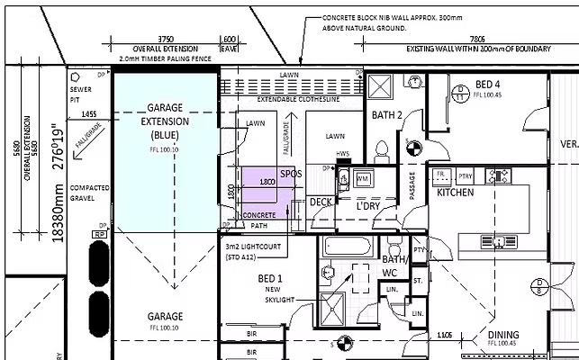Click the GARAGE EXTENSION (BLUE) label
[x=165, y=120]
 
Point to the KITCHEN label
[x=456, y=193]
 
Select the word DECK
[x=321, y=202]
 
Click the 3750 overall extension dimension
[x=166, y=40]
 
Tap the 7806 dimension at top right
[x=477, y=40]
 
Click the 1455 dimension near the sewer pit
[x=88, y=114]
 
